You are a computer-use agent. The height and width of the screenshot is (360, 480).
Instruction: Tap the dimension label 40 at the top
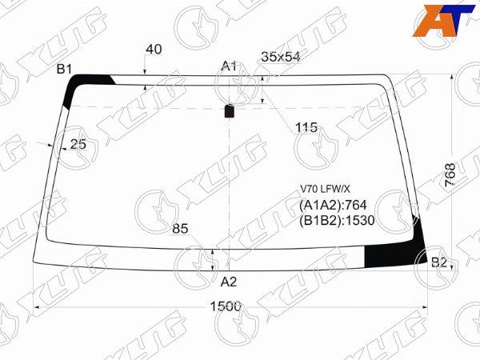pos(154,50)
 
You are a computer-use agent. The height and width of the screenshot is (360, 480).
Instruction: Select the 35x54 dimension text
pos(281,57)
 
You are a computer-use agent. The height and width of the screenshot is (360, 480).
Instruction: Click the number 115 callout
pos(306,127)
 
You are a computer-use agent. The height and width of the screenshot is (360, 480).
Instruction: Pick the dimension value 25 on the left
pos(78,144)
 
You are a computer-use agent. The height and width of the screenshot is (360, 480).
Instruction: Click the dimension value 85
pos(180,229)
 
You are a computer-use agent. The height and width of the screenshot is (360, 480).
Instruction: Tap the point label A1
pos(230,66)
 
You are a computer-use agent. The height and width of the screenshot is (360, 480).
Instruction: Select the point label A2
pos(229,282)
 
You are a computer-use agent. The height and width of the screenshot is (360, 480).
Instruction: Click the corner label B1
pos(65,69)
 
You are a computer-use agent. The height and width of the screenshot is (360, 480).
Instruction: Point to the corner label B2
pos(439,262)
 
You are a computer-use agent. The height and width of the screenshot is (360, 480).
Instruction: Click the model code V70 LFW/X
pos(325,189)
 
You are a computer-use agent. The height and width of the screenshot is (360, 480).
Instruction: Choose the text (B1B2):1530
pos(337,221)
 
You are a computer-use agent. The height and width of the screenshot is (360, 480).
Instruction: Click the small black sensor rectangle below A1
pos(230,111)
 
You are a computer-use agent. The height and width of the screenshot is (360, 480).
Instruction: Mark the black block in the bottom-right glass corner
pos(392,254)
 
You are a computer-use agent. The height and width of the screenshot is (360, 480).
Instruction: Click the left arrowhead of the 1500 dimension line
pos(34,306)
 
